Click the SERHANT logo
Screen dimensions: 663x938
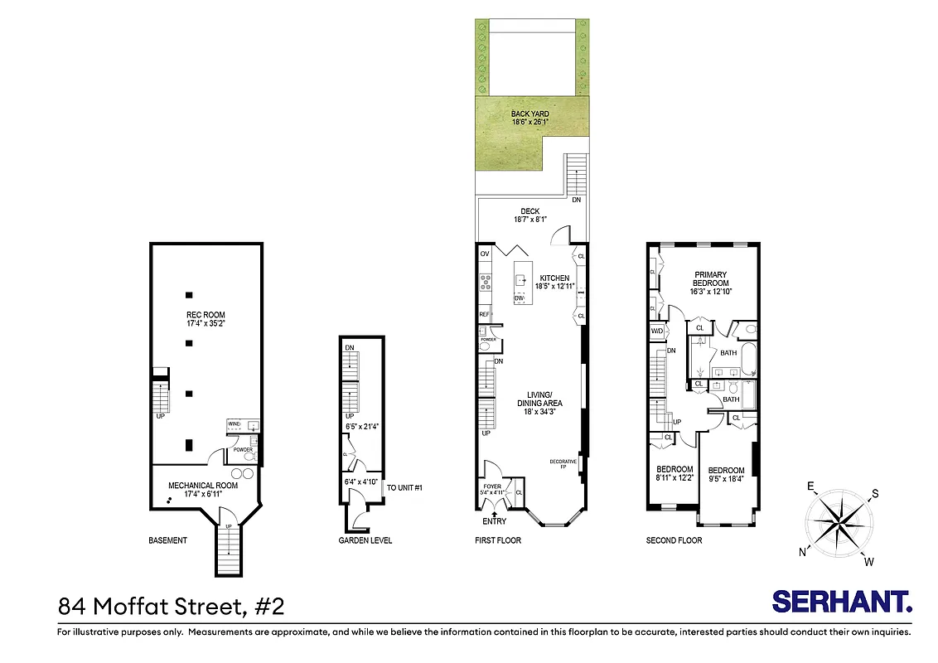pyautogui.click(x=842, y=602)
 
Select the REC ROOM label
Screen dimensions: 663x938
pyautogui.click(x=205, y=315)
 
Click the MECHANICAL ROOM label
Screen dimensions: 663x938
pyautogui.click(x=203, y=486)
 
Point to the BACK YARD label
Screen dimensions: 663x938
pyautogui.click(x=529, y=114)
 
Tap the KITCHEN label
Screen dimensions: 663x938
pyautogui.click(x=554, y=278)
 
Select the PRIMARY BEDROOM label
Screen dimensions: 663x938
pyautogui.click(x=710, y=278)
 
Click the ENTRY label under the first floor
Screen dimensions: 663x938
pyautogui.click(x=495, y=521)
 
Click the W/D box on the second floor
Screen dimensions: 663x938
pyautogui.click(x=657, y=331)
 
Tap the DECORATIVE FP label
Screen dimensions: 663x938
pyautogui.click(x=563, y=464)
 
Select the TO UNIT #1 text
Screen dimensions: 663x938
pyautogui.click(x=405, y=487)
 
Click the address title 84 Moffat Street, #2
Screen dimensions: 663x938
pyautogui.click(x=172, y=606)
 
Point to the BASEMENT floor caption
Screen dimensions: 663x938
pyautogui.click(x=168, y=540)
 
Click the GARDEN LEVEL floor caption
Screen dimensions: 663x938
pyautogui.click(x=365, y=540)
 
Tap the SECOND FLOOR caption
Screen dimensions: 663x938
pyautogui.click(x=674, y=540)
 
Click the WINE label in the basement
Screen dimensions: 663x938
pyautogui.click(x=234, y=424)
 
